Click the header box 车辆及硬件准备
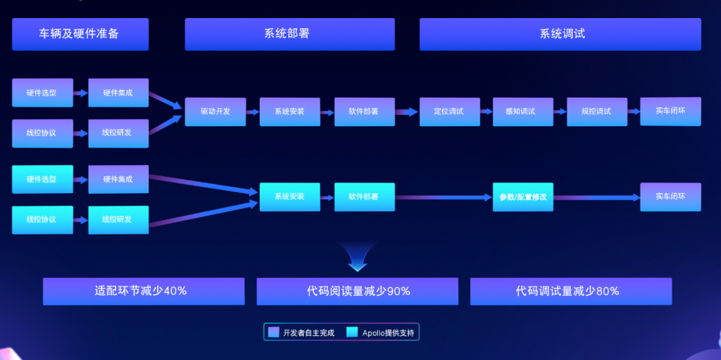[80, 34]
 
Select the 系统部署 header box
[290, 34]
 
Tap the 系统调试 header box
[560, 34]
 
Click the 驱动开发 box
[216, 112]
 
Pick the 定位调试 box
[449, 112]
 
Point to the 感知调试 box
[523, 112]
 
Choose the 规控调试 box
[597, 112]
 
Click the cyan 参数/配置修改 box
[523, 197]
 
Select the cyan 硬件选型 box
[42, 179]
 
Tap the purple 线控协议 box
[42, 132]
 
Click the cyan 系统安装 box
[290, 197]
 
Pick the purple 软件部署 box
[365, 112]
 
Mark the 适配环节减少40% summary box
[144, 291]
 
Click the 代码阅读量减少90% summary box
[357, 291]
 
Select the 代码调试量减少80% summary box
[571, 291]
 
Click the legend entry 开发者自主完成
[302, 332]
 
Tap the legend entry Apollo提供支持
[385, 332]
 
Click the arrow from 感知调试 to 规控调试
[560, 112]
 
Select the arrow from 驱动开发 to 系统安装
[252, 112]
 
